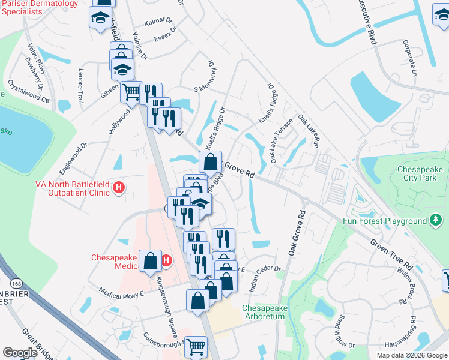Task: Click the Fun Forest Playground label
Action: click(x=385, y=221)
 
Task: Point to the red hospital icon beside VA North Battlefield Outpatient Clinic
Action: click(x=119, y=188)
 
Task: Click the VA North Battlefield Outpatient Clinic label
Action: click(x=56, y=188)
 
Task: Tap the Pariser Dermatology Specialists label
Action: click(x=39, y=8)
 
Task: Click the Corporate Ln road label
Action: click(x=410, y=58)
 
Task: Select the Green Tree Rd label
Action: click(x=391, y=256)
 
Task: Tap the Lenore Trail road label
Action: click(x=81, y=85)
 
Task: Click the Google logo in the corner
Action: click(x=20, y=353)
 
